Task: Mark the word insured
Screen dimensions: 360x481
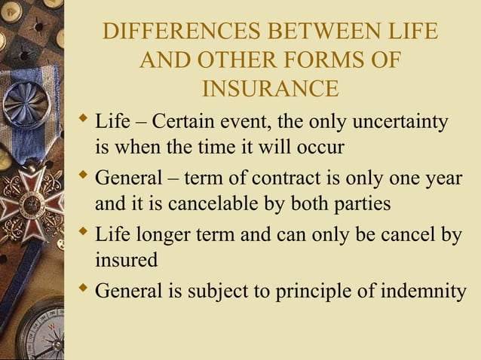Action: [126, 261]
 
